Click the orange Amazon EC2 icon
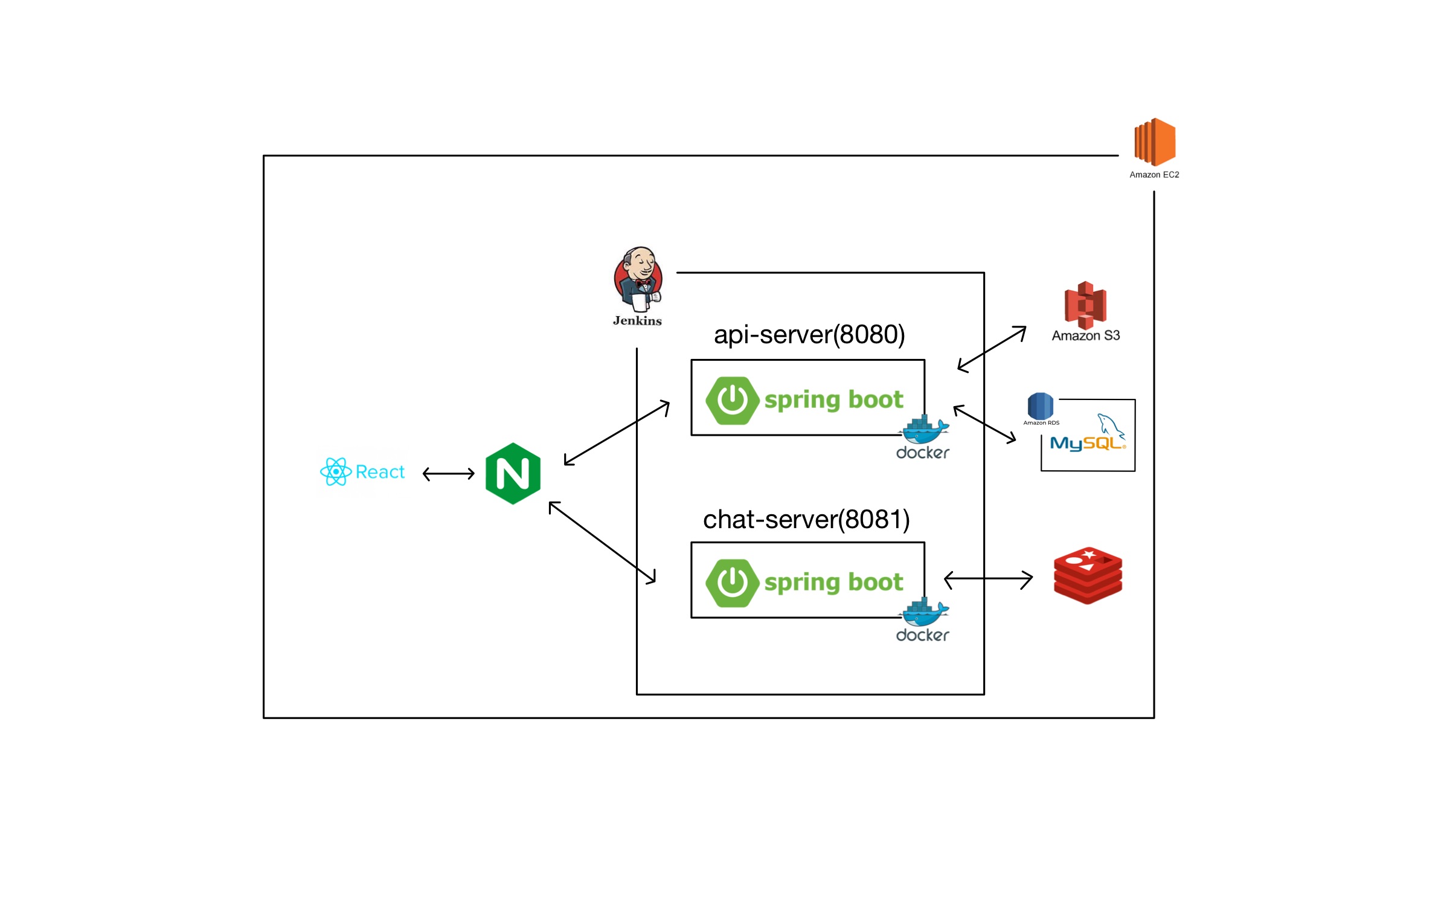(x=1154, y=141)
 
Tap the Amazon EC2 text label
(x=1154, y=175)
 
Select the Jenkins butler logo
(x=638, y=279)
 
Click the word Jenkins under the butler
(x=637, y=321)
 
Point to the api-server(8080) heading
(x=809, y=335)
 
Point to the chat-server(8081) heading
(x=806, y=520)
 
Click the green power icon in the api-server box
(x=732, y=400)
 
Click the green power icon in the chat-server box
(x=732, y=583)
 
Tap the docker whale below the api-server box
(x=924, y=430)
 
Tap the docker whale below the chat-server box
(x=924, y=613)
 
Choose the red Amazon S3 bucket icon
(x=1085, y=305)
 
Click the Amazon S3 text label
(x=1085, y=336)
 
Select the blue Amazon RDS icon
(x=1040, y=405)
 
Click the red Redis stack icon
(x=1087, y=575)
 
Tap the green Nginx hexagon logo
(x=513, y=473)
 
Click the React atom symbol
(x=335, y=471)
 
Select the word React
(x=380, y=472)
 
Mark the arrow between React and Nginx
(x=448, y=474)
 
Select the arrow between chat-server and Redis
(x=987, y=580)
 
